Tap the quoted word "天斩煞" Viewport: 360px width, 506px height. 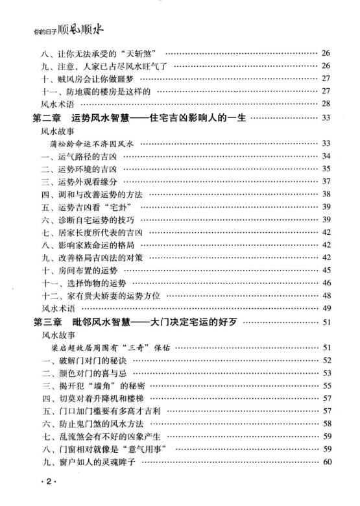pyautogui.click(x=142, y=52)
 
